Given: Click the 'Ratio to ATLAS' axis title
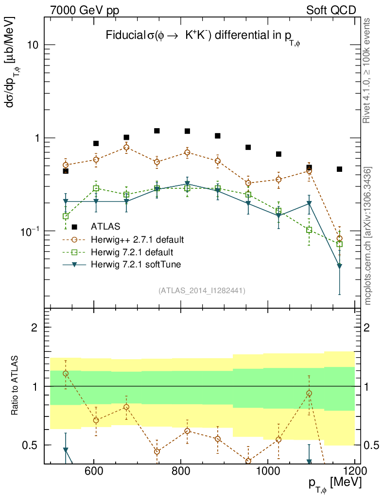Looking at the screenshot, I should (16, 385).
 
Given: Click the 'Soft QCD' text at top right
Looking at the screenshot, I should (331, 10).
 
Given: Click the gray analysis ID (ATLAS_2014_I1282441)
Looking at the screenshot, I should (201, 291).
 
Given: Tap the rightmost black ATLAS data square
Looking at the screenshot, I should (339, 169).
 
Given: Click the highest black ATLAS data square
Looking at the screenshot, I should (157, 131).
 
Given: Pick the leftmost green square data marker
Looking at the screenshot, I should (66, 216).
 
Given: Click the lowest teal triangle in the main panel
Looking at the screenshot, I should (339, 266).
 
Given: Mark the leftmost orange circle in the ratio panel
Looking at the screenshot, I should (66, 373).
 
